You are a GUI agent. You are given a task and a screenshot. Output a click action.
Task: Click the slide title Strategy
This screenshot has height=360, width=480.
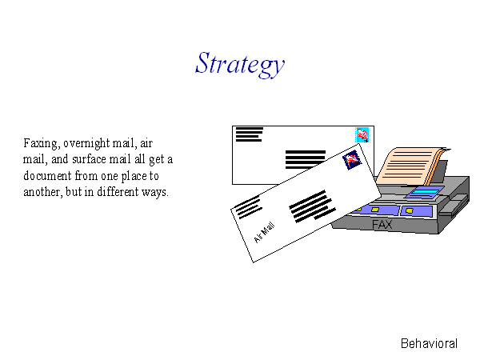240,65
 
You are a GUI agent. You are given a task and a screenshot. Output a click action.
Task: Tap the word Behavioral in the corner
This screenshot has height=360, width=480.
429,343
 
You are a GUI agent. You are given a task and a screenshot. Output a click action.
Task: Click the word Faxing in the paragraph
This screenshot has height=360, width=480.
42,143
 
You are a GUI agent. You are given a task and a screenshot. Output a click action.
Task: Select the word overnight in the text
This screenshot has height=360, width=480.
86,143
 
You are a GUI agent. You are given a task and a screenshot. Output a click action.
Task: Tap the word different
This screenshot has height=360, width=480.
118,192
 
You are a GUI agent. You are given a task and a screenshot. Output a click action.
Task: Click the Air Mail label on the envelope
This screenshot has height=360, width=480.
265,233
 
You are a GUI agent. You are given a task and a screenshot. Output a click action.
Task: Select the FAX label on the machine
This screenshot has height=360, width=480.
382,225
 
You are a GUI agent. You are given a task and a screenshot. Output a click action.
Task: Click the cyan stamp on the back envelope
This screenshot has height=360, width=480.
362,135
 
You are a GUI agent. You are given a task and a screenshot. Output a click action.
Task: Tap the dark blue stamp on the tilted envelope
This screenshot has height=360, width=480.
352,160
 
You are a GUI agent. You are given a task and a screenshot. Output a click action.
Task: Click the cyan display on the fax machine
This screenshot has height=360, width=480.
426,192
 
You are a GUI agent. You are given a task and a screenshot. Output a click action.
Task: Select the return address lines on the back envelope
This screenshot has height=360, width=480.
249,134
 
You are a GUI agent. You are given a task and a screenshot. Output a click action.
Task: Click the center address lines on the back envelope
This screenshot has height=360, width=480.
306,159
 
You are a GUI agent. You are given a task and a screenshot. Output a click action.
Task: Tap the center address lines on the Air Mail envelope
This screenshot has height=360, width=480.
312,206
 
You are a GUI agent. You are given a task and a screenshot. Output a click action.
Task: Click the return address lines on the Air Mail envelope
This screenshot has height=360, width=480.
247,207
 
